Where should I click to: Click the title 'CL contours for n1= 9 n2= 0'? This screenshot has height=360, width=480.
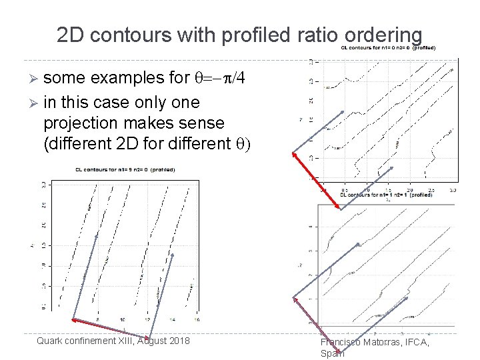pos(123,169)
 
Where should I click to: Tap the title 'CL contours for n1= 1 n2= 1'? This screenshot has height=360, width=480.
pos(387,195)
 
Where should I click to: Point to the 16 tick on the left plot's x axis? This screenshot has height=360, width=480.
pos(195,320)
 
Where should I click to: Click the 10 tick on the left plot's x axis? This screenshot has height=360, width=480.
pos(122,320)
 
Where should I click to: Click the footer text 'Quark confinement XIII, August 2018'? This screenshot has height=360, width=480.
pos(113,341)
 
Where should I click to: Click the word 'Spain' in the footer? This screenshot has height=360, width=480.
pos(333,354)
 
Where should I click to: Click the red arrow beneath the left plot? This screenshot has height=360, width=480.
pos(110,327)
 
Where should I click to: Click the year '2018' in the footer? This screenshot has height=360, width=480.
pos(177,341)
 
